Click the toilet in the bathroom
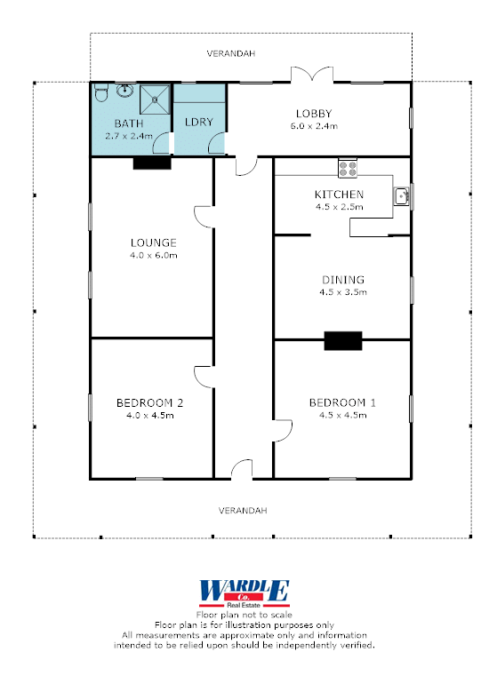[100, 91]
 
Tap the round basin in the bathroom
[124, 91]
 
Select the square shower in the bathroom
[155, 99]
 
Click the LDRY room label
[199, 122]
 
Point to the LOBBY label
[314, 114]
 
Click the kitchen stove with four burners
[348, 168]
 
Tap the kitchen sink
[401, 196]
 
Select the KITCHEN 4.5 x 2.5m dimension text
[339, 207]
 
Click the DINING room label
[343, 280]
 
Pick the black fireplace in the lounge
[152, 163]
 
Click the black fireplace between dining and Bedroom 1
[343, 340]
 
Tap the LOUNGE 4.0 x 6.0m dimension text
[154, 255]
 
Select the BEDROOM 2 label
[149, 403]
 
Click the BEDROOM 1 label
[342, 402]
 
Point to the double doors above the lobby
[312, 74]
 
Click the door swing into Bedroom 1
[283, 430]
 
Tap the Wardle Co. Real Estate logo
[244, 593]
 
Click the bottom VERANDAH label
[243, 511]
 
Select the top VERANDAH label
[231, 53]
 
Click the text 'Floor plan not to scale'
[244, 615]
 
